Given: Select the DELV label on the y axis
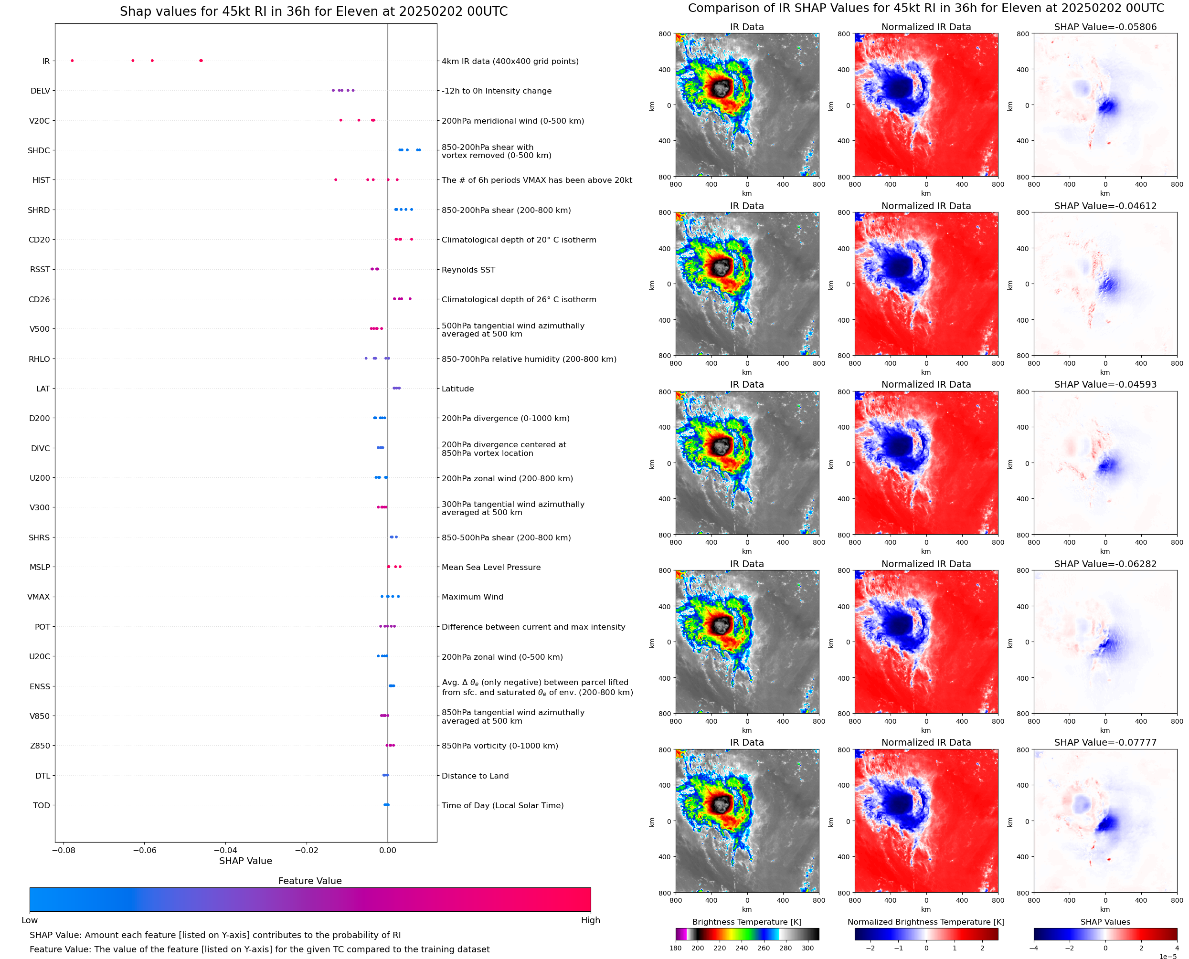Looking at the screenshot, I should [x=40, y=91].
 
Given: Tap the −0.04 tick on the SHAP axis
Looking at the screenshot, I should [x=225, y=850].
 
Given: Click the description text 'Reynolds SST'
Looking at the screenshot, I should [x=468, y=270].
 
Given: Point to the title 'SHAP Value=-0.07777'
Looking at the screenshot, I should [x=1105, y=742].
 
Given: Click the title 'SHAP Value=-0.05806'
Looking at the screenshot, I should [x=1105, y=27].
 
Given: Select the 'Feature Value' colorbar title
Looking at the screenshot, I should [x=310, y=881].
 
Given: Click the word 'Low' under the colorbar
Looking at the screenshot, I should [x=29, y=920].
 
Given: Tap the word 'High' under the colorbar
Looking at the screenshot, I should [x=590, y=920].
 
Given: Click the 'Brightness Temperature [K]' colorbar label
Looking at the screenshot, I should [x=746, y=922].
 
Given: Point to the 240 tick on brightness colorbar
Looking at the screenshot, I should [x=742, y=948].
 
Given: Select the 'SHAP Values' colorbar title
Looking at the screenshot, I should [x=1105, y=922].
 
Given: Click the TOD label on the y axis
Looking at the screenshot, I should [x=42, y=805].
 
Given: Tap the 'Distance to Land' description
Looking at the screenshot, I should [x=475, y=776].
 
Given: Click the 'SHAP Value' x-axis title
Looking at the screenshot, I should [x=245, y=861].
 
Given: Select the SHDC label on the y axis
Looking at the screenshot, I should [x=39, y=151].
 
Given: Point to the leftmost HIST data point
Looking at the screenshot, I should [x=336, y=180].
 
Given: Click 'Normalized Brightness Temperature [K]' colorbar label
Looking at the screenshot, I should [x=926, y=922].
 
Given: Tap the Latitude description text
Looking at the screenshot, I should [x=457, y=389].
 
